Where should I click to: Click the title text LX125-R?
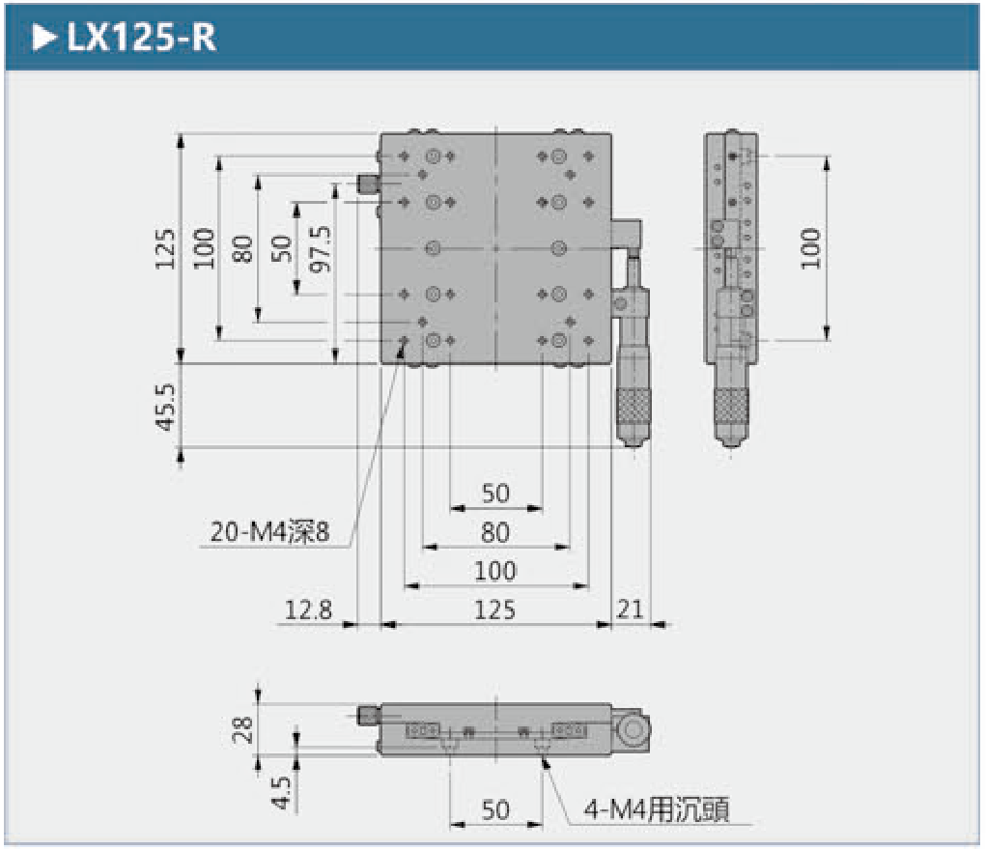tap(141, 38)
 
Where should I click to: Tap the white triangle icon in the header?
tap(43, 38)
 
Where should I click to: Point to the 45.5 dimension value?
tap(165, 406)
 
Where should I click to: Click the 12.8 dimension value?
tap(308, 609)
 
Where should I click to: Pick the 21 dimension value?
tap(630, 609)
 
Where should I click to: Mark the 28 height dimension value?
tap(244, 727)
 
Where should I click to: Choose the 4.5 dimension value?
tap(281, 790)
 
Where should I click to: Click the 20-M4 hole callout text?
tap(269, 532)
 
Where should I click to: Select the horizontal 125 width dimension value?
tap(494, 609)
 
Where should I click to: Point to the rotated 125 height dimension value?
tap(165, 248)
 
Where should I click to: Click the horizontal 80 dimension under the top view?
tap(494, 532)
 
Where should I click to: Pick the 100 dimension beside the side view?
tap(809, 248)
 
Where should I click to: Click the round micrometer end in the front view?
tap(634, 729)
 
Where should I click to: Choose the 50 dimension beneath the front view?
tap(494, 809)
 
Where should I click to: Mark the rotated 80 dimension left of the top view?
tap(242, 248)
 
